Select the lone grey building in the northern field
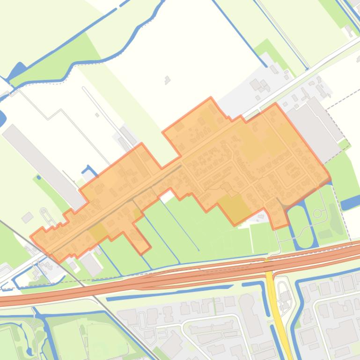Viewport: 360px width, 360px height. coord(167,80)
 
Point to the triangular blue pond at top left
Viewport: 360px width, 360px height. coord(19,71)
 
